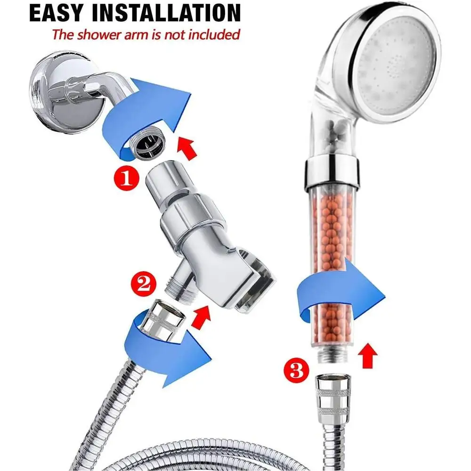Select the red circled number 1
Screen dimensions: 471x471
[x=126, y=179]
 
